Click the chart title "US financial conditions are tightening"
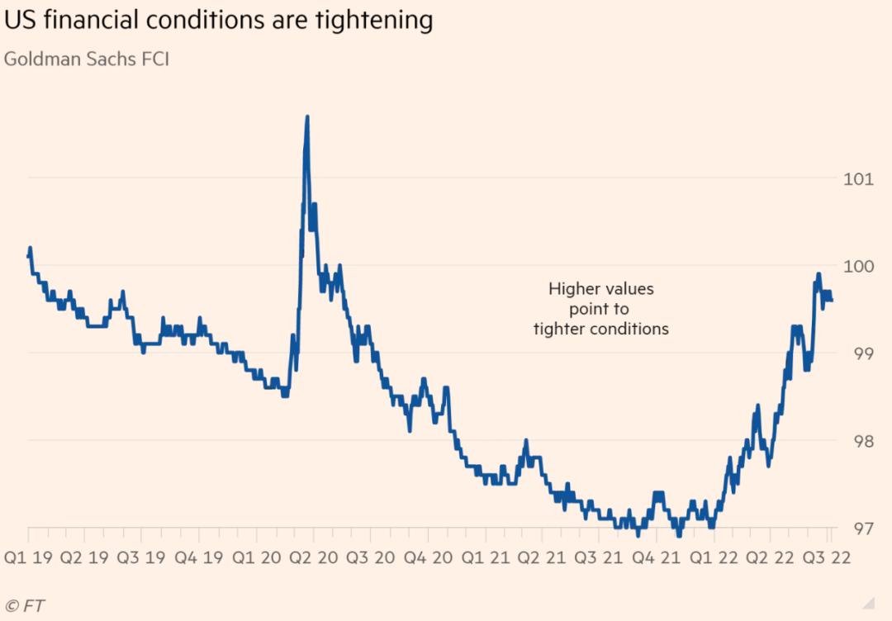218,20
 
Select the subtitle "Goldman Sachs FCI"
86,60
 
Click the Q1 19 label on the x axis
29,557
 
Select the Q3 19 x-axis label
145,557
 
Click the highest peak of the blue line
307,117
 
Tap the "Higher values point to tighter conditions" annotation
600,309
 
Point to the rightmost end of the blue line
831,301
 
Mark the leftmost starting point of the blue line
29,256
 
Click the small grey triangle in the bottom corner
868,603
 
